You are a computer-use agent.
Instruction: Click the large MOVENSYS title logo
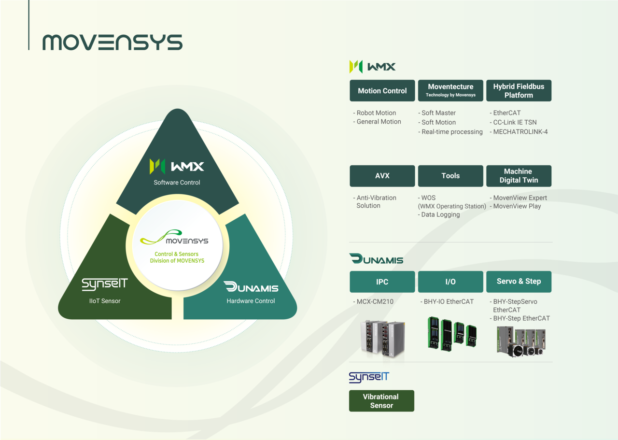pos(112,43)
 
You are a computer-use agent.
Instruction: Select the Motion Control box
pos(382,91)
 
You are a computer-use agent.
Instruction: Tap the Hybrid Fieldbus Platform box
pos(519,91)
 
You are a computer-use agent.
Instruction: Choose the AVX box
pos(382,176)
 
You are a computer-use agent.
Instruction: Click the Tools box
pos(450,176)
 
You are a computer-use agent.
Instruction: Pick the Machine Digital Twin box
pos(519,176)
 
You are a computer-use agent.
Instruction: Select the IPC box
pos(382,282)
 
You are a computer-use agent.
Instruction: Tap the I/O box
pos(450,282)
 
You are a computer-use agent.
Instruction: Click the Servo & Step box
pos(519,282)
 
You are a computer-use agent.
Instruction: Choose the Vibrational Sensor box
pos(381,401)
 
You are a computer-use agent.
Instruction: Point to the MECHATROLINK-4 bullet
pos(520,132)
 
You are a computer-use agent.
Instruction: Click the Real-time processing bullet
pos(451,132)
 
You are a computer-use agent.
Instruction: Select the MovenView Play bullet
pos(517,206)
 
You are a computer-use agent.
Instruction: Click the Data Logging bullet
pos(440,215)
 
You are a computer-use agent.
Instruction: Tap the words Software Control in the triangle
pos(177,183)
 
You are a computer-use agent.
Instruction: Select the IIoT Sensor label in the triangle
pos(105,301)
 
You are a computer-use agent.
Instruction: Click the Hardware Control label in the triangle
pos(251,301)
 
